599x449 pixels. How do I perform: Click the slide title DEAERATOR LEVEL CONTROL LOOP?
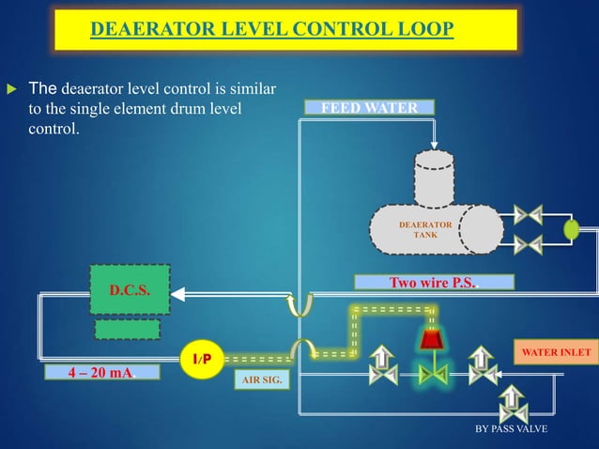pyautogui.click(x=272, y=31)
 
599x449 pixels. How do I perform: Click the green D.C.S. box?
pyautogui.click(x=130, y=290)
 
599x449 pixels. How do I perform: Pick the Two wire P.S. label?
pyautogui.click(x=434, y=282)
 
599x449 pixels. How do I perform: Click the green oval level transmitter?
pyautogui.click(x=571, y=229)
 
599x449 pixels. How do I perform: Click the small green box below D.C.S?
pyautogui.click(x=127, y=329)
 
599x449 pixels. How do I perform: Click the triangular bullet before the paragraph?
pyautogui.click(x=12, y=89)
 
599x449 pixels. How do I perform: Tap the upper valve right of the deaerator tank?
pyautogui.click(x=529, y=214)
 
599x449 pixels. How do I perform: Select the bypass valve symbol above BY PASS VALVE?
pyautogui.click(x=514, y=404)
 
